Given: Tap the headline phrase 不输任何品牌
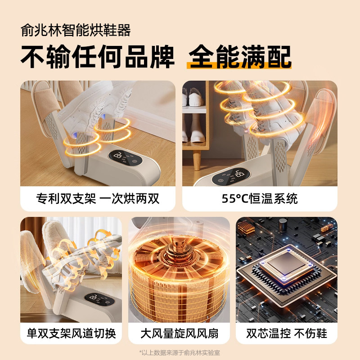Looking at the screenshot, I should (97, 57).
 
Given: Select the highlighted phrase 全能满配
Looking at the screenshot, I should (240, 57).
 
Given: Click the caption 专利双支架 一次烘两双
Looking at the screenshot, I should (98, 198).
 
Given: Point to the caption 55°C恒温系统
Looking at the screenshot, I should (260, 198).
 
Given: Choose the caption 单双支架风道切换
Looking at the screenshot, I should (71, 333).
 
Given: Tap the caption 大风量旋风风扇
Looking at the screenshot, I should (179, 333).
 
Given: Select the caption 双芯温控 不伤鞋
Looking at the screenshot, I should (287, 333).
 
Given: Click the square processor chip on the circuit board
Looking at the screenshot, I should (287, 269).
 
